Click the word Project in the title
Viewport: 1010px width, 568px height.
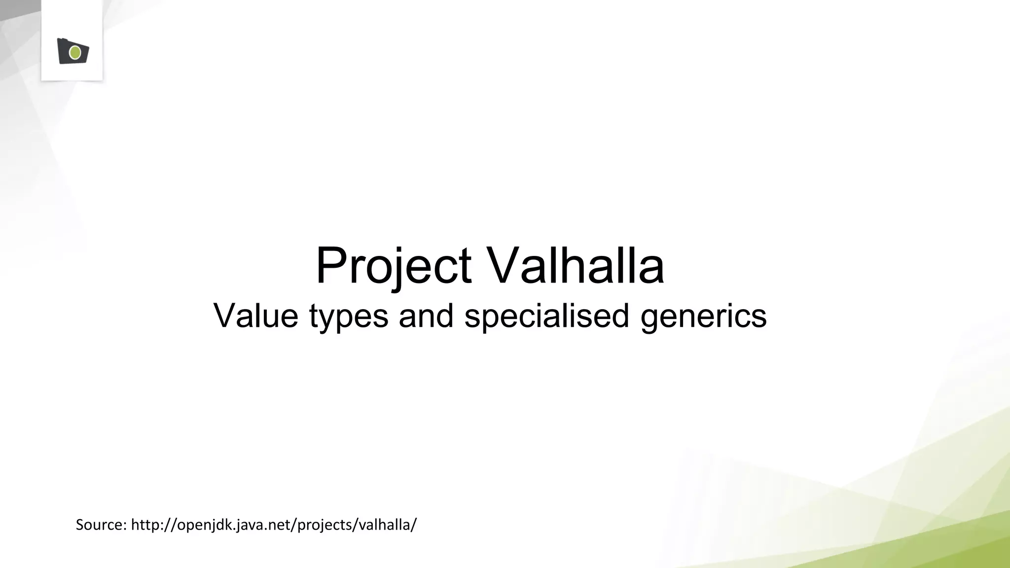(393, 266)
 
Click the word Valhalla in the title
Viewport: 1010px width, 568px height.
(576, 266)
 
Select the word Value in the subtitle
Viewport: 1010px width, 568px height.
(255, 316)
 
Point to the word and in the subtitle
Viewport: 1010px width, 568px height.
(426, 316)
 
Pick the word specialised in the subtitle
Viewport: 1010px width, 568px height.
(546, 316)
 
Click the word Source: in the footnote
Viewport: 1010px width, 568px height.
(101, 525)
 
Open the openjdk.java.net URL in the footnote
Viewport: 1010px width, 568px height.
(274, 525)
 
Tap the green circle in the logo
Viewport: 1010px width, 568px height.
(75, 52)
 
